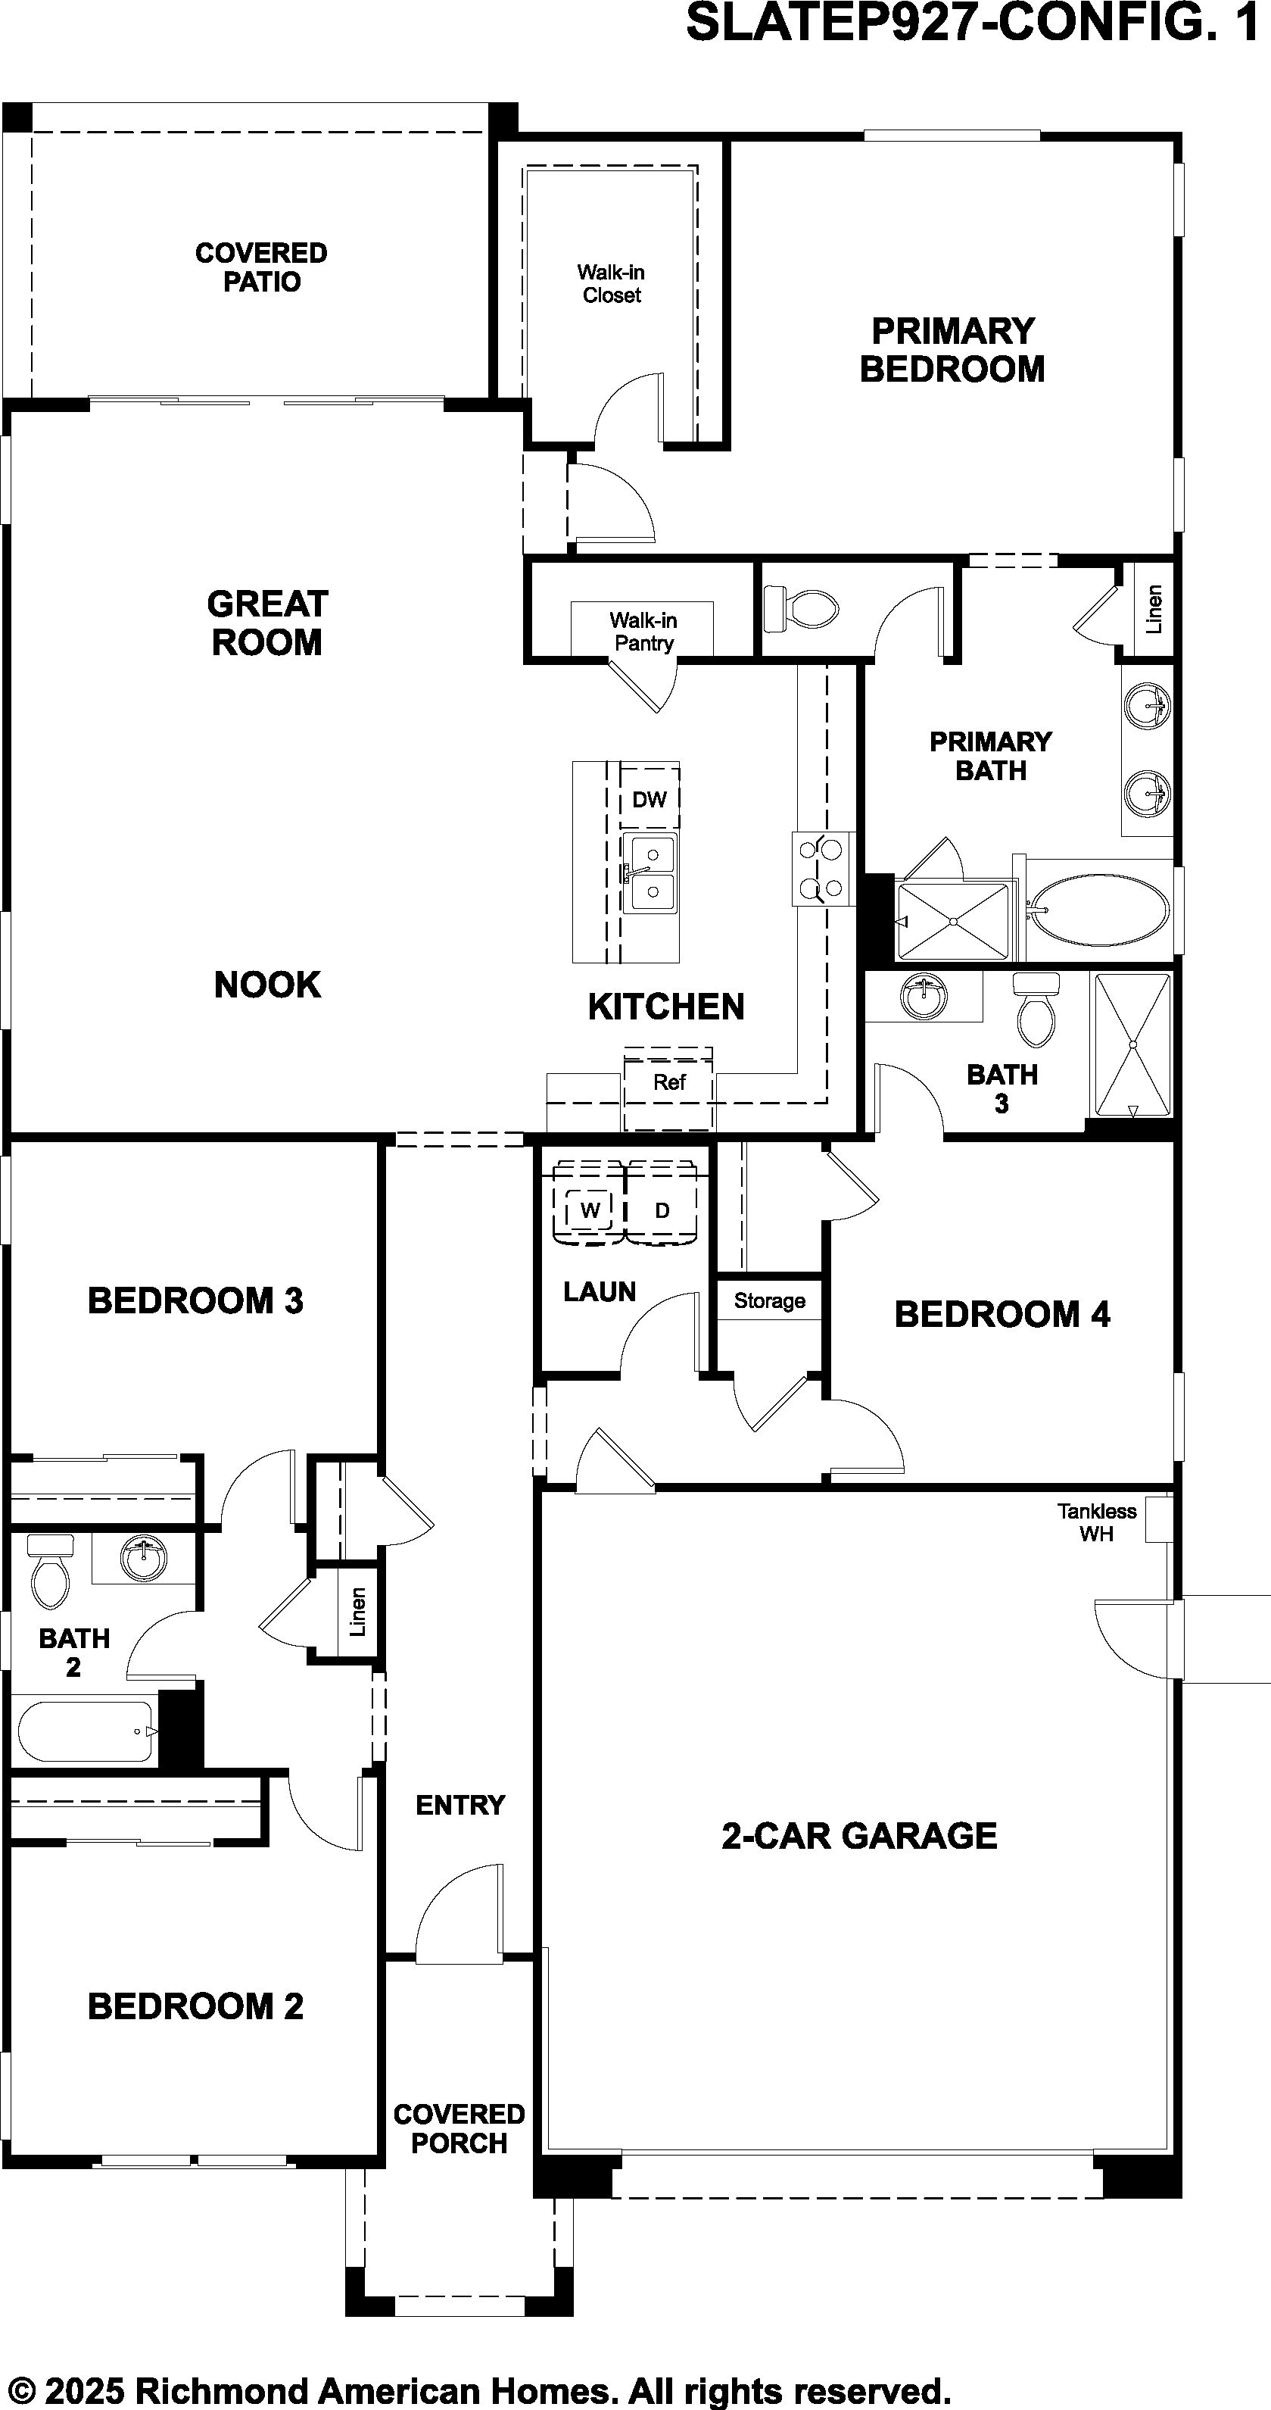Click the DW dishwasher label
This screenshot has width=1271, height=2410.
tap(649, 799)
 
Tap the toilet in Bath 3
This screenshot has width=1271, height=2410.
tap(1036, 1009)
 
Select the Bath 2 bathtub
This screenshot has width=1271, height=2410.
tap(83, 1731)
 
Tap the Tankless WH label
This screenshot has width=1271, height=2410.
tap(1097, 1522)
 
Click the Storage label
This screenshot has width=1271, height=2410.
tap(769, 1300)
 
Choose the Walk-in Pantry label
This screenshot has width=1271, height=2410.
tap(643, 632)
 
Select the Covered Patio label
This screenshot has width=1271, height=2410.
tap(261, 267)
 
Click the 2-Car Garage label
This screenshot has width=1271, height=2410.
tap(858, 1836)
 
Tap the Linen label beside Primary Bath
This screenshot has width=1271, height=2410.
tap(1154, 609)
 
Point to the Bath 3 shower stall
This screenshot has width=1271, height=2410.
tap(1132, 1045)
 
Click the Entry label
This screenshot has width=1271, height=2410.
tap(460, 1805)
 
